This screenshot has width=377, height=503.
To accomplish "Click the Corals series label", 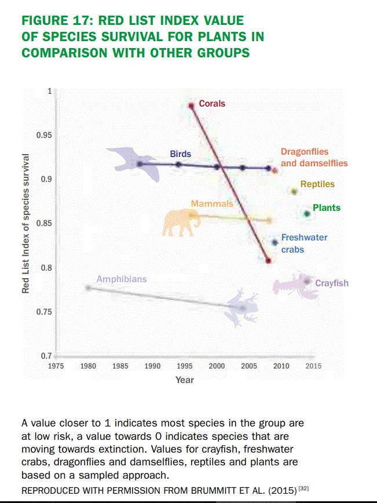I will tap(212, 104).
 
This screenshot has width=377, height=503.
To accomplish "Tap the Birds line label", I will tap(180, 154).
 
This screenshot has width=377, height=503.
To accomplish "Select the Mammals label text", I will tap(212, 203).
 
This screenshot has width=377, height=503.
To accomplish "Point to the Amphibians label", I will tap(122, 279).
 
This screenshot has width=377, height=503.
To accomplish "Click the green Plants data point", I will tap(307, 214).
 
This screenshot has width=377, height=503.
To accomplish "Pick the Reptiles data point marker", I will tap(294, 191).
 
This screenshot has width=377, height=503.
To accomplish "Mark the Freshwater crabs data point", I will tap(275, 242).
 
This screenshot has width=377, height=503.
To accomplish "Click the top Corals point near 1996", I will tap(191, 105).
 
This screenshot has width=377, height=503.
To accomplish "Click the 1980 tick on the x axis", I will tap(88, 366).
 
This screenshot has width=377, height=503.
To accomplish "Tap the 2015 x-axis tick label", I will tap(314, 366).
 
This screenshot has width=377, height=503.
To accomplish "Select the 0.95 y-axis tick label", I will tap(44, 135).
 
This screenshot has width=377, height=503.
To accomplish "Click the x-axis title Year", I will tap(185, 380).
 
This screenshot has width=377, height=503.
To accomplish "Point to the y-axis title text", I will tap(25, 223).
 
